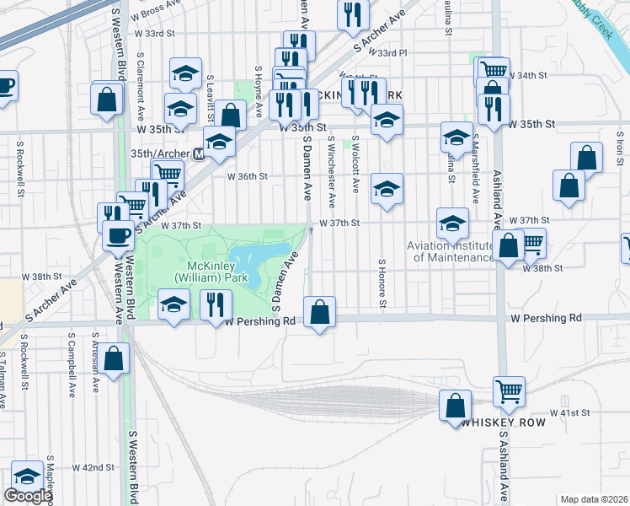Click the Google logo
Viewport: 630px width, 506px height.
[x=28, y=496]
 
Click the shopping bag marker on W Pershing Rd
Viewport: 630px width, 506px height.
[x=319, y=313]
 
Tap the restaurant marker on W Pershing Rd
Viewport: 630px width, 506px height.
[x=217, y=304]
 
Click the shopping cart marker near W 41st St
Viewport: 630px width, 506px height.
[x=509, y=391]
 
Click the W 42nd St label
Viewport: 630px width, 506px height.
[x=93, y=467]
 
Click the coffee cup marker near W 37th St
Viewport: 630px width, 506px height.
[x=118, y=236]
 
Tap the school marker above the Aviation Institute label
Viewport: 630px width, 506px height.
[x=452, y=223]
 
